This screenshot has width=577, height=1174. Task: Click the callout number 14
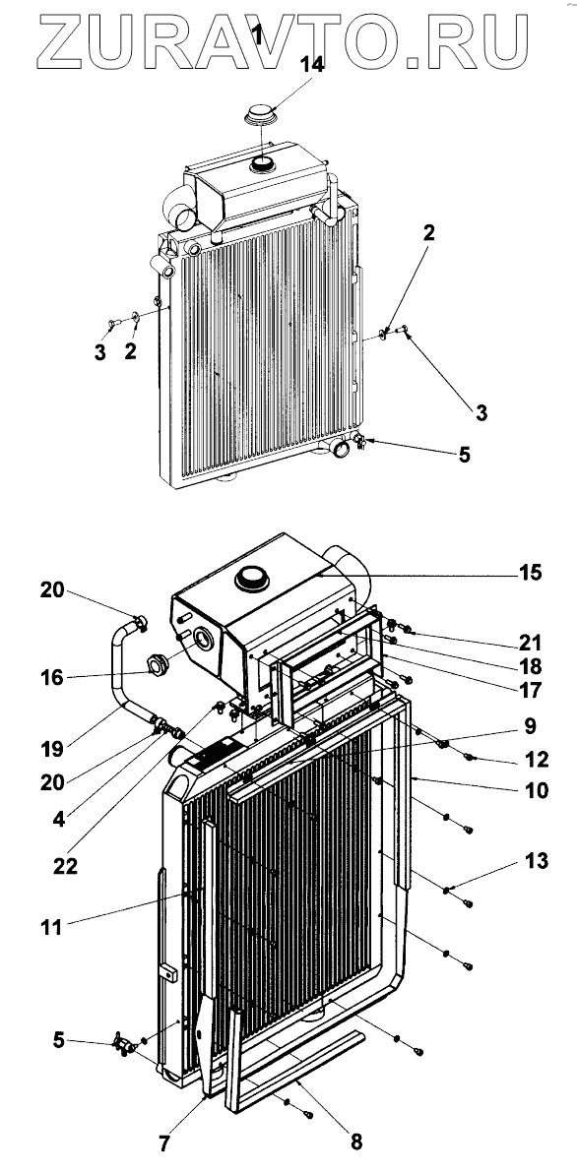[x=312, y=65]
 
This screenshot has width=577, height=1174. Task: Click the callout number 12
[x=538, y=759]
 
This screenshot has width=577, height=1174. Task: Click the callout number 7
[x=164, y=1143]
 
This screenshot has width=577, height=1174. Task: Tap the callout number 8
[x=356, y=1142]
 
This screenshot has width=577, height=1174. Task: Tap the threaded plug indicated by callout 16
[x=159, y=663]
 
